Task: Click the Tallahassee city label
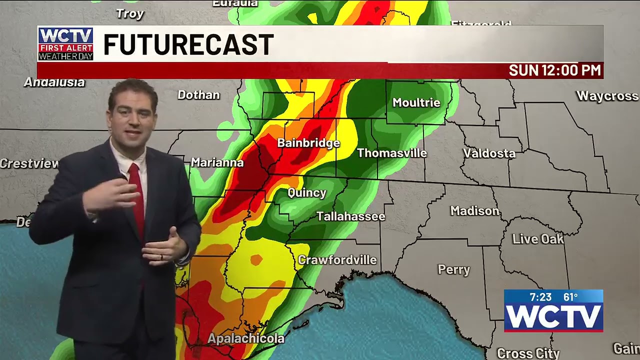[x=350, y=216]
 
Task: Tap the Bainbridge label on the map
[x=308, y=143]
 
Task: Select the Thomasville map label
[x=391, y=153]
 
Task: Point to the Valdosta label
[x=489, y=153]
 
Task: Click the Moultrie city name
[x=416, y=102]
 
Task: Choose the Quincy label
[x=306, y=193]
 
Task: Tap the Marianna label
[x=217, y=162]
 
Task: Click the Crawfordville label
[x=337, y=260]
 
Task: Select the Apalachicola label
[x=245, y=338]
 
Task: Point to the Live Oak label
[x=538, y=239]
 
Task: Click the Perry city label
[x=453, y=270]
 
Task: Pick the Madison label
[x=474, y=211]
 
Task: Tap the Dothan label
[x=198, y=94]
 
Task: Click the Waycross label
[x=607, y=96]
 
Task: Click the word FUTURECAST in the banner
[x=188, y=45]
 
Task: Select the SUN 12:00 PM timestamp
[x=554, y=70]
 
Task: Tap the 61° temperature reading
[x=570, y=297]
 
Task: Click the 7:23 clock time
[x=540, y=297]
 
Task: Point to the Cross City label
[x=528, y=353]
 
